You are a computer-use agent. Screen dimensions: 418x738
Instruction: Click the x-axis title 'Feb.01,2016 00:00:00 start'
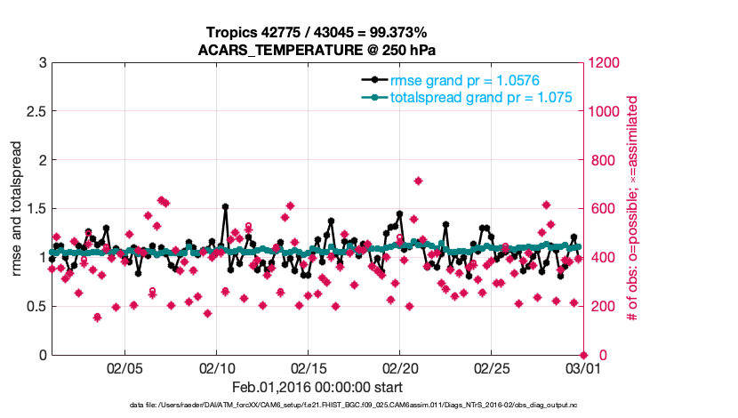coord(317,387)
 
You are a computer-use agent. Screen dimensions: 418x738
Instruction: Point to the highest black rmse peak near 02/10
coord(225,207)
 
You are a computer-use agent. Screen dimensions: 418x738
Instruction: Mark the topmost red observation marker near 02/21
coord(418,181)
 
